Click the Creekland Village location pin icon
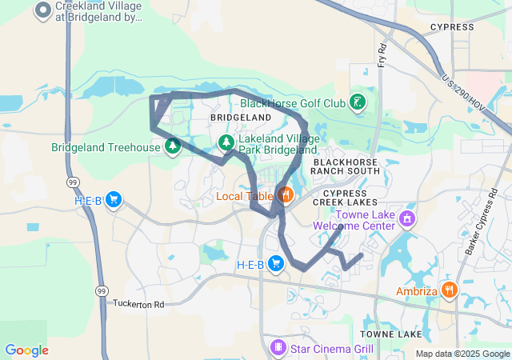[x=43, y=10]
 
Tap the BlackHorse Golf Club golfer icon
[x=358, y=102]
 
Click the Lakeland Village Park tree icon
[x=227, y=142]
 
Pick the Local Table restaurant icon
[x=284, y=194]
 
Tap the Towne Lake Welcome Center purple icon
[x=407, y=218]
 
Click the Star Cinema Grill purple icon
[x=278, y=348]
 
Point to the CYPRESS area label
[x=452, y=27]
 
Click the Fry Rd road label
[x=382, y=54]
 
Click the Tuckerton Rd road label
[x=138, y=304]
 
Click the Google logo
[x=26, y=350]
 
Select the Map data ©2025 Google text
[x=462, y=354]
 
